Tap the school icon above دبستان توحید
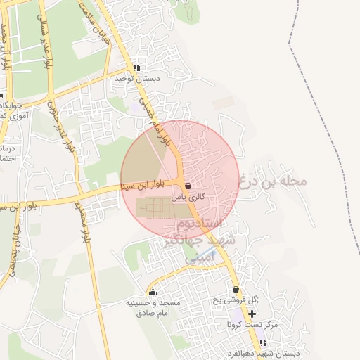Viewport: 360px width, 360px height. pos(136,68)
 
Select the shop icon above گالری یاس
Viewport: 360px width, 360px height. pos(188,186)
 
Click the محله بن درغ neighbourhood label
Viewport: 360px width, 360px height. pos(274,181)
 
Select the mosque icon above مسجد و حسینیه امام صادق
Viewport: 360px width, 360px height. pos(153,292)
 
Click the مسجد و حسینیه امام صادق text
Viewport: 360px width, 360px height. pos(153,307)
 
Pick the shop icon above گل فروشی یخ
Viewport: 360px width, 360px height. pos(236,289)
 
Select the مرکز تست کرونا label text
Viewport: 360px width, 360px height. pos(252,325)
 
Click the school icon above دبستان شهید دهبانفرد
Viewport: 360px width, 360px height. pos(263,342)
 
